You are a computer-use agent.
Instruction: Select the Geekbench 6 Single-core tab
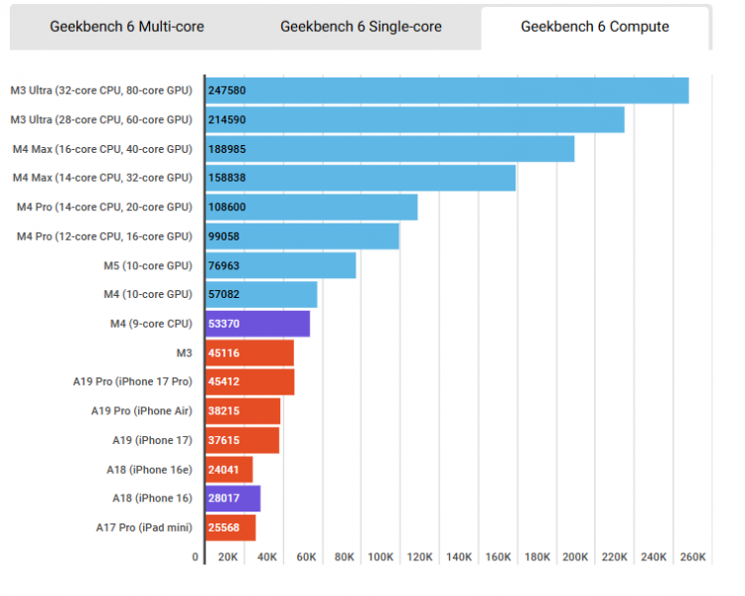click(361, 27)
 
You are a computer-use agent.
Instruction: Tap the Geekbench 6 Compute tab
click(595, 27)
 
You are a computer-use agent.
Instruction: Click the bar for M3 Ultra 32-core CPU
click(447, 90)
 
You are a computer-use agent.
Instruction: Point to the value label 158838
click(227, 178)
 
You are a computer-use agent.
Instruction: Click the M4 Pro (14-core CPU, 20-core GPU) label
click(104, 207)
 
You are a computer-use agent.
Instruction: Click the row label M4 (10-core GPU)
click(148, 294)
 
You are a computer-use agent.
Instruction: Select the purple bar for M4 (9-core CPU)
click(257, 324)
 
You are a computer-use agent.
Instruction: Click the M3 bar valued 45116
click(249, 353)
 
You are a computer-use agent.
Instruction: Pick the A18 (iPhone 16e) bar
click(229, 469)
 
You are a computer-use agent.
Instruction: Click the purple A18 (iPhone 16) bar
click(232, 499)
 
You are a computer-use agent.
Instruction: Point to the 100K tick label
click(380, 557)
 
